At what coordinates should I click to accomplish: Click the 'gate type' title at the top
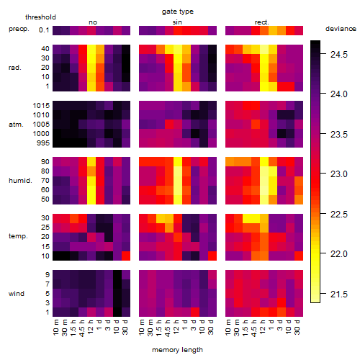point(178,12)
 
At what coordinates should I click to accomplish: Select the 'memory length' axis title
point(177,350)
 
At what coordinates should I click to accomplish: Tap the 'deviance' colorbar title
point(341,29)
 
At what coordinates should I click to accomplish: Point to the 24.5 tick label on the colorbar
point(339,55)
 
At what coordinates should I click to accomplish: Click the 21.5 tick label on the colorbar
point(339,294)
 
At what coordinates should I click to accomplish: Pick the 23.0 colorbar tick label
point(339,174)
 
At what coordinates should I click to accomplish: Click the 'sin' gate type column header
point(177,22)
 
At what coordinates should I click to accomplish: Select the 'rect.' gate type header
point(262,22)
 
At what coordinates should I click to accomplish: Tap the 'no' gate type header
point(93,22)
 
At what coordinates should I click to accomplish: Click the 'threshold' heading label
point(40,17)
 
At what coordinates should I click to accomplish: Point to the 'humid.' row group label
point(20,181)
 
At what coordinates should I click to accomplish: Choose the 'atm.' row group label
point(16,125)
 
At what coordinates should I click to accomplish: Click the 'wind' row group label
point(17,294)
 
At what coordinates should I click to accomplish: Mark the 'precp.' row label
point(19,29)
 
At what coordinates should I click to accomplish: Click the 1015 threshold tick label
point(41,106)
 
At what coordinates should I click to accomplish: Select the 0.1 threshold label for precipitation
point(44,30)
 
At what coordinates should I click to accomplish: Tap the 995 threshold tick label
point(43,143)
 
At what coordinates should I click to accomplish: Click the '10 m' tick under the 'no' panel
point(56,327)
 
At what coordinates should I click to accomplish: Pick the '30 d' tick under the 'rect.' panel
point(297,327)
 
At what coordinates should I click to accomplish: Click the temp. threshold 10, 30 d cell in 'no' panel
point(126,256)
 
